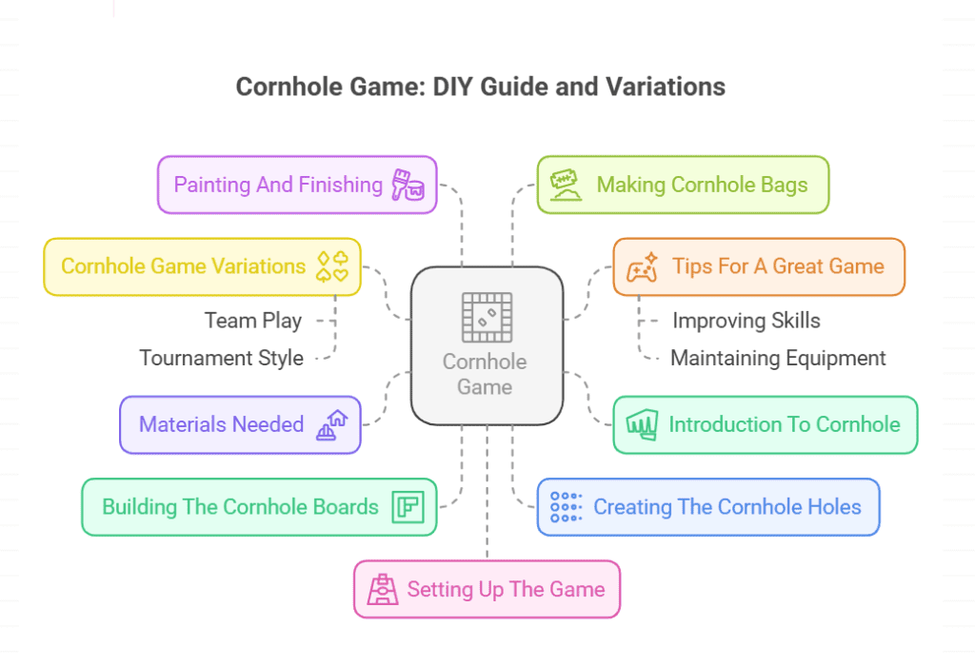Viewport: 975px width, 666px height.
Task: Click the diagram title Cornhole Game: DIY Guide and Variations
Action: pos(480,88)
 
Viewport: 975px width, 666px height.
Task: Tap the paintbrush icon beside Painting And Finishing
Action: pos(407,185)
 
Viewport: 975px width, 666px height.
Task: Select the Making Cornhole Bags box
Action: pos(683,185)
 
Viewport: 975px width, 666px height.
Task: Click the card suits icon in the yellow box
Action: pos(333,265)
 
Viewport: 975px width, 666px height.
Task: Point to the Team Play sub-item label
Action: pos(252,321)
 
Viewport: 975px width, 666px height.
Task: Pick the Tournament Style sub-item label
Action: pos(221,359)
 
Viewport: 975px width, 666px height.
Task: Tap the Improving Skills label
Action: pos(746,321)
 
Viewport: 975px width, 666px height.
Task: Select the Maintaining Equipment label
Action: pos(778,359)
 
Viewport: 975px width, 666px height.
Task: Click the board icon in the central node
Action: pos(487,317)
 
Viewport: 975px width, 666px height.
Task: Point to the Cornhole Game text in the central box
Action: pos(485,374)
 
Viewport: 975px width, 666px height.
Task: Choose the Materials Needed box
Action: pos(240,424)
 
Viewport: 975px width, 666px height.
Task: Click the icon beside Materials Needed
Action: pos(331,424)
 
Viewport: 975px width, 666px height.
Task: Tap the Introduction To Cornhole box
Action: pos(765,424)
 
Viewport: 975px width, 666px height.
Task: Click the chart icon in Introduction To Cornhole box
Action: pos(642,424)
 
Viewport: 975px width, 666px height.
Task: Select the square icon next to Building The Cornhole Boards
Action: pos(408,507)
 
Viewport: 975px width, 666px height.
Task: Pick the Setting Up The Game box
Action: pos(487,589)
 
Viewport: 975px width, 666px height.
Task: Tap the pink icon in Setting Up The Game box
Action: pos(383,589)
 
